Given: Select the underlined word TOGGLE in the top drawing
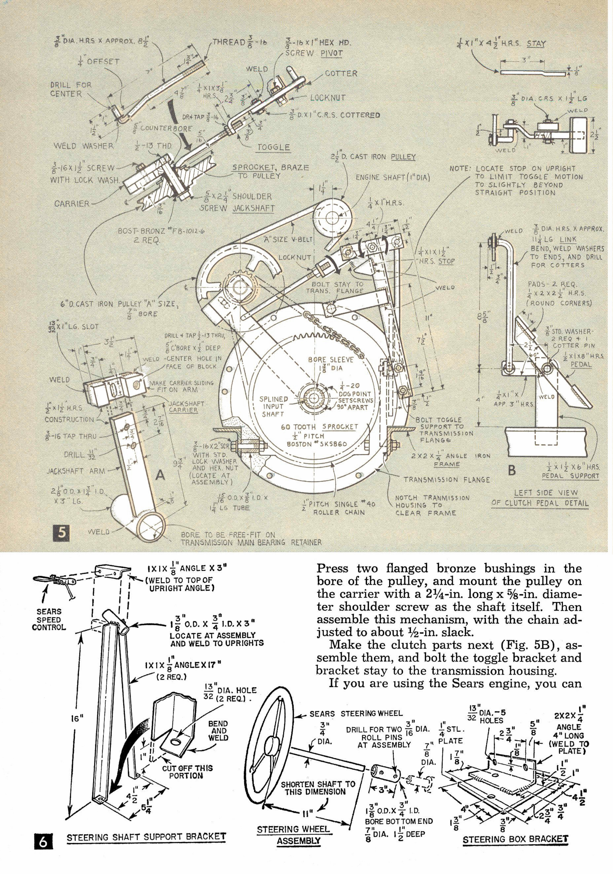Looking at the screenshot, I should pyautogui.click(x=274, y=147).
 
